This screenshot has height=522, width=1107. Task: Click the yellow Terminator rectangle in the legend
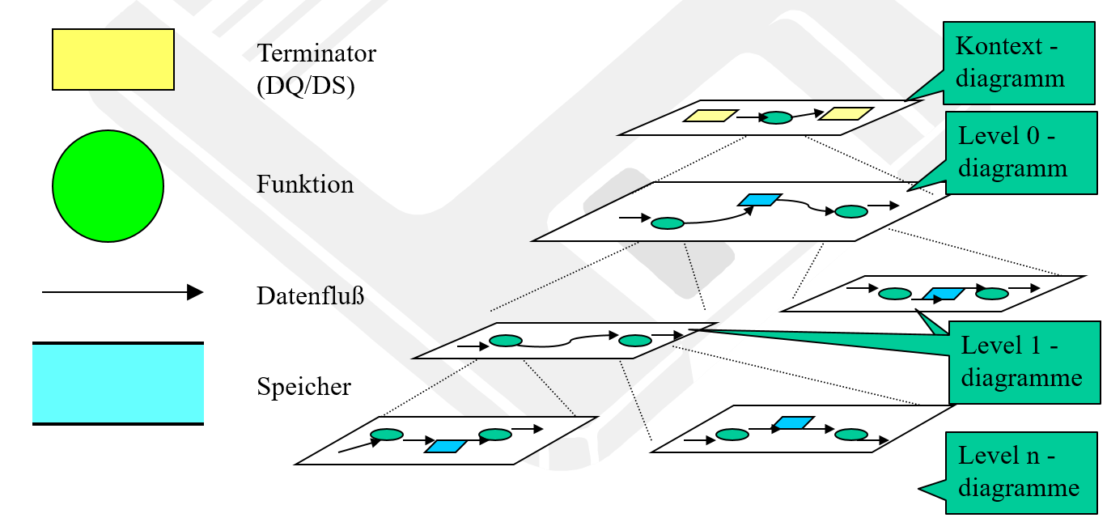[x=113, y=59]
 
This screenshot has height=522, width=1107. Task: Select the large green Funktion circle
[x=108, y=186]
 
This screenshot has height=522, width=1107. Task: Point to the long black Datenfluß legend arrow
[x=121, y=292]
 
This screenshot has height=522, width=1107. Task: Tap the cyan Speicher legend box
[x=118, y=384]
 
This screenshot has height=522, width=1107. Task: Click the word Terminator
[x=316, y=54]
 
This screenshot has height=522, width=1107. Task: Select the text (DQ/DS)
[x=306, y=87]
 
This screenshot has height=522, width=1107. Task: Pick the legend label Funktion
[x=305, y=185]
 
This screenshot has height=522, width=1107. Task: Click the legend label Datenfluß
[x=311, y=296]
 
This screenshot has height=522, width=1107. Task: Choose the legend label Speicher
[x=304, y=387]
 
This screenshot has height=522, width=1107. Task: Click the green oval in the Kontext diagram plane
[x=778, y=118]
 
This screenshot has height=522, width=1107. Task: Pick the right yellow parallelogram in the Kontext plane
[x=845, y=114]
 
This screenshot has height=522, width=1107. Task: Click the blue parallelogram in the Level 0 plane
[x=759, y=199]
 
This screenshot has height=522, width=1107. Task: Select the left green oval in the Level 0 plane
[x=668, y=223]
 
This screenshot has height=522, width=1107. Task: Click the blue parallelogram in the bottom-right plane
[x=793, y=422]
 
